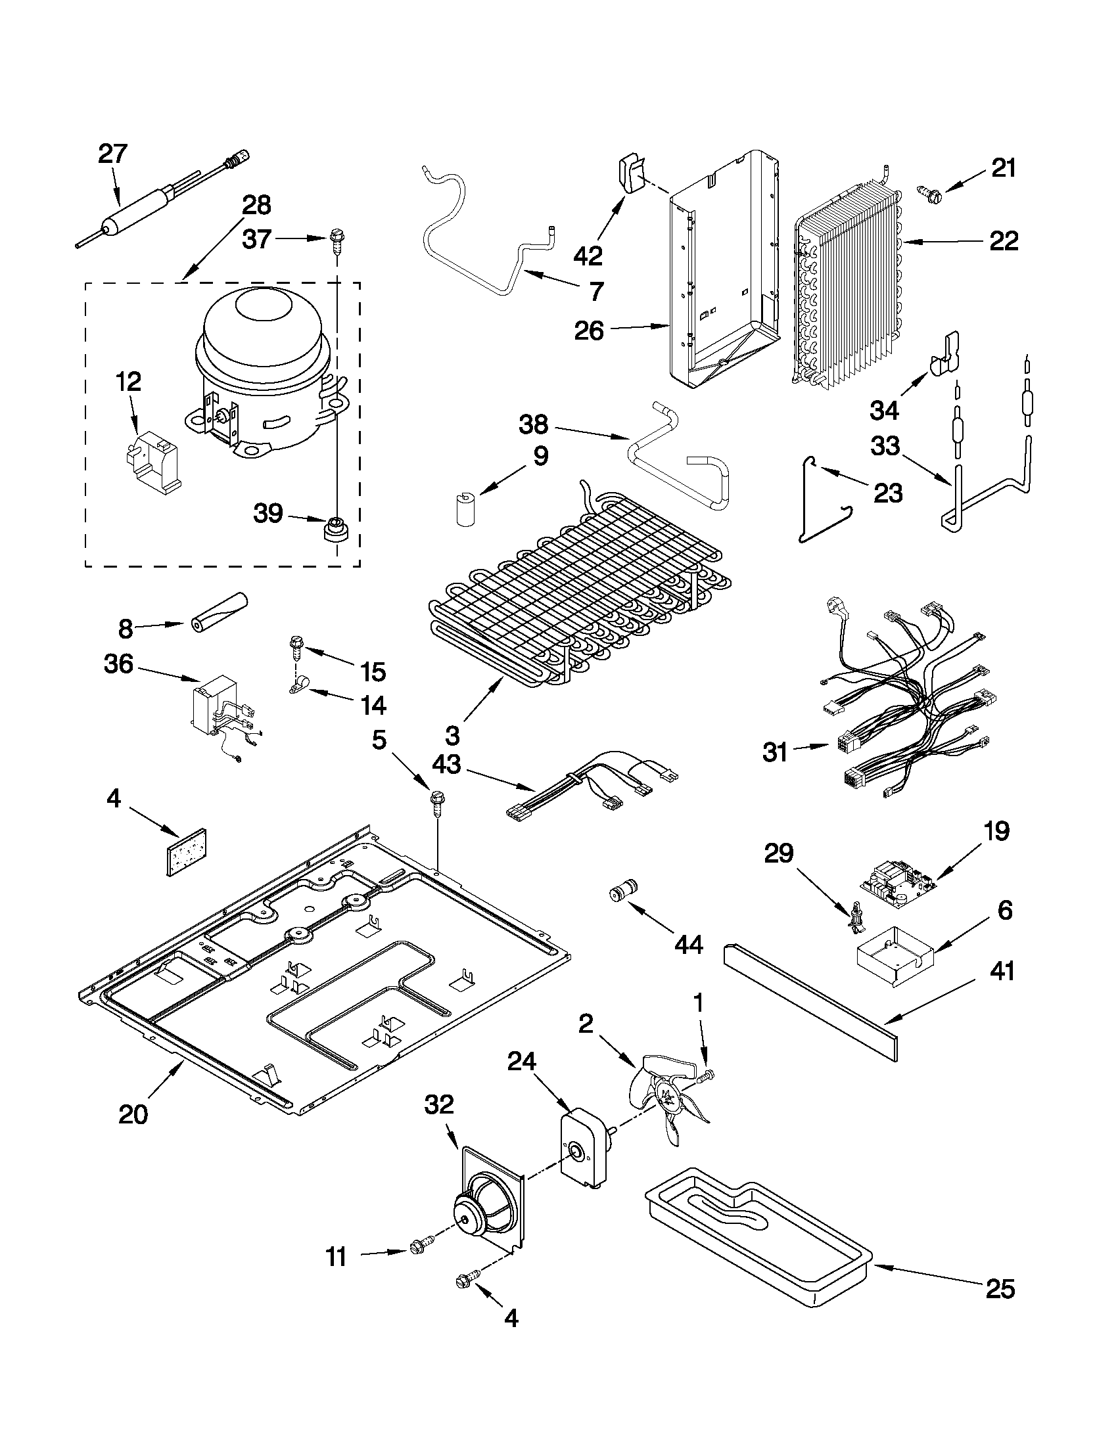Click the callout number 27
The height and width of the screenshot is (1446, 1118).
point(112,154)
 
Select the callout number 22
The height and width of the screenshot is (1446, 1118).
point(1003,241)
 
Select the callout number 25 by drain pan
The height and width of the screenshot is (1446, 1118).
point(999,1307)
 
